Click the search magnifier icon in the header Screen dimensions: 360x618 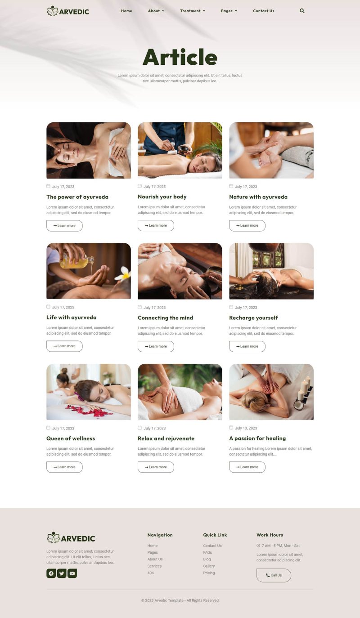(x=302, y=11)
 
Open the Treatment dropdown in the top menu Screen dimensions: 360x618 (x=193, y=11)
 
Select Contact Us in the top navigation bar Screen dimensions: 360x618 (x=263, y=11)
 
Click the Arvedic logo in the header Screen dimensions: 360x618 (x=68, y=11)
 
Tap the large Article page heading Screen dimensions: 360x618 (x=180, y=57)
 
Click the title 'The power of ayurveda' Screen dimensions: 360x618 (x=77, y=197)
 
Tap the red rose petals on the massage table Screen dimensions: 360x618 (x=89, y=411)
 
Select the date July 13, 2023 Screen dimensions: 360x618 (x=246, y=428)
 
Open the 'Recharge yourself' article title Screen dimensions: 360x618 (x=253, y=318)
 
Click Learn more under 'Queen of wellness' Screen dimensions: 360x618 (x=64, y=467)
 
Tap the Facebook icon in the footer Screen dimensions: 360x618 (x=51, y=573)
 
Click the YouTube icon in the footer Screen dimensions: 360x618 (x=72, y=573)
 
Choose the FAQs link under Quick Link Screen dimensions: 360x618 (x=207, y=552)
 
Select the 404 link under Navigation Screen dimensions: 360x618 (x=150, y=573)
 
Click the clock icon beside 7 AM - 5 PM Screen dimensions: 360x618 (x=258, y=546)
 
